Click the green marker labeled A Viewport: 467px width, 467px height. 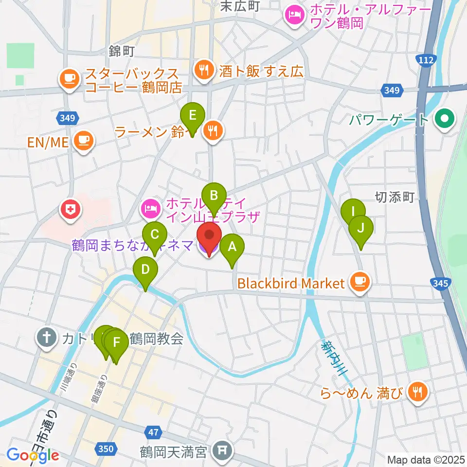tap(232, 247)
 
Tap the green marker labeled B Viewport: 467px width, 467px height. tap(214, 196)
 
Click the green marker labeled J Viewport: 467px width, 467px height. tap(360, 228)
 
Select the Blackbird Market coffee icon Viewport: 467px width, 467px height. tap(360, 282)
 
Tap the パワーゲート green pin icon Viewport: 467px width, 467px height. tap(444, 119)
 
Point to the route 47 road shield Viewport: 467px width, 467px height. tap(153, 431)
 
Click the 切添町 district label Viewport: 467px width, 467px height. tap(394, 197)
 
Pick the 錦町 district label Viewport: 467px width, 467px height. tap(122, 51)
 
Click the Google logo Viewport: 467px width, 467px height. tap(33, 455)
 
